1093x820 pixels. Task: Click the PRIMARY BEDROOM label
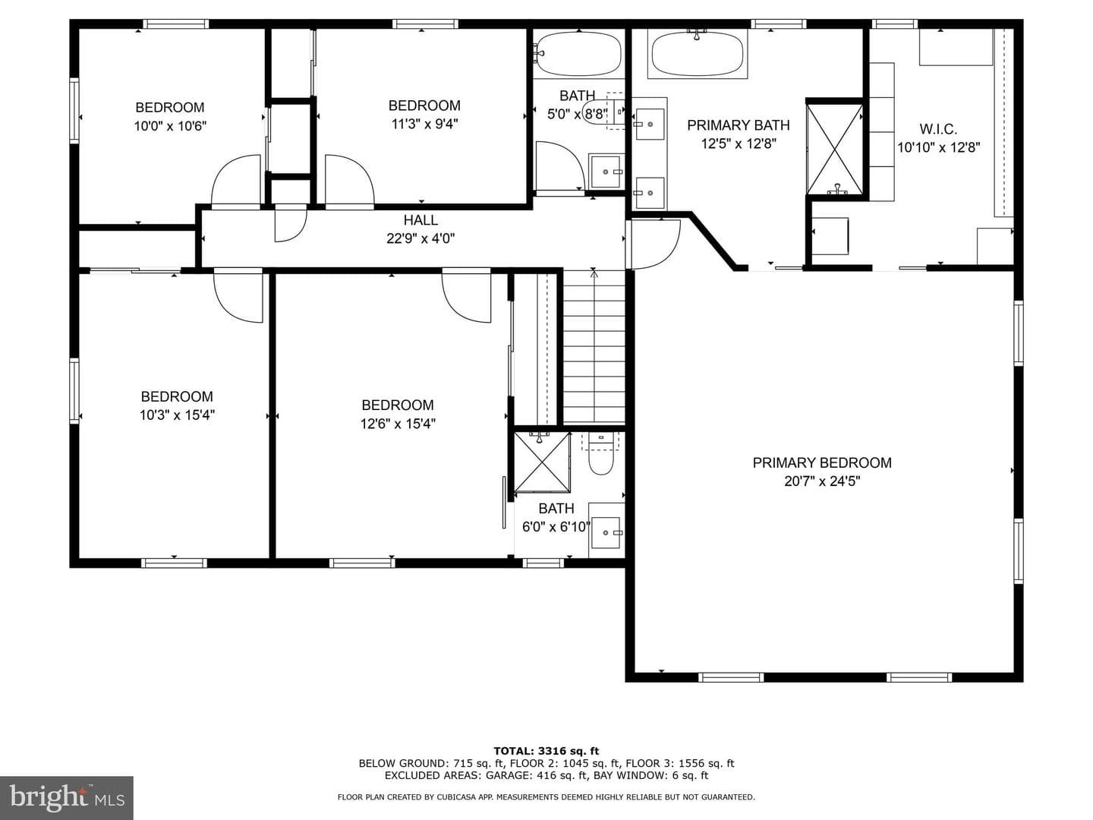pyautogui.click(x=821, y=463)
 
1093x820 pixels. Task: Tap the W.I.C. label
pyautogui.click(x=938, y=129)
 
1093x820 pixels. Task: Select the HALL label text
pyautogui.click(x=421, y=220)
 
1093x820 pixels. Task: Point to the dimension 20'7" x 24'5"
pyautogui.click(x=822, y=481)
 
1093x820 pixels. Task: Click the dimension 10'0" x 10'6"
pyautogui.click(x=170, y=126)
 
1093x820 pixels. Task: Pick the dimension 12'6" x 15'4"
pyautogui.click(x=398, y=424)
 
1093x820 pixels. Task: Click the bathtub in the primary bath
pyautogui.click(x=697, y=54)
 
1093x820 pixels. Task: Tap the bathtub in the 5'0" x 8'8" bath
pyautogui.click(x=578, y=54)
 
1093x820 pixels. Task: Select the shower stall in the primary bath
pyautogui.click(x=835, y=148)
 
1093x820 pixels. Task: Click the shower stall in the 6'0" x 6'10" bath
pyautogui.click(x=542, y=462)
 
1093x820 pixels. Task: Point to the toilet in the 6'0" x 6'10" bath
pyautogui.click(x=600, y=453)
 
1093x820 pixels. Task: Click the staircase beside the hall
pyautogui.click(x=594, y=347)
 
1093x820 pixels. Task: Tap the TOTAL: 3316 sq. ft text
pyautogui.click(x=546, y=751)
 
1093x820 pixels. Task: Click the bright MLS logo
pyautogui.click(x=67, y=797)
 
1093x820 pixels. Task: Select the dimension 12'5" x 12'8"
pyautogui.click(x=739, y=144)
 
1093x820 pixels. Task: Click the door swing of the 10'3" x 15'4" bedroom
pyautogui.click(x=238, y=297)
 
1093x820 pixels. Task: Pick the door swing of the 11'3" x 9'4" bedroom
pyautogui.click(x=349, y=179)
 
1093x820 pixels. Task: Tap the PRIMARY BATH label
pyautogui.click(x=739, y=125)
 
